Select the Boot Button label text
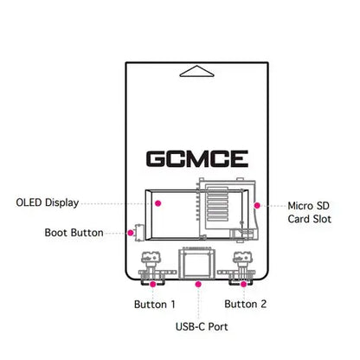[74, 233]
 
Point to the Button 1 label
[155, 305]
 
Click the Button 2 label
[246, 305]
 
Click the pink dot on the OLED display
[158, 203]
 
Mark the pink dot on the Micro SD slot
[257, 206]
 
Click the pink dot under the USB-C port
[200, 283]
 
